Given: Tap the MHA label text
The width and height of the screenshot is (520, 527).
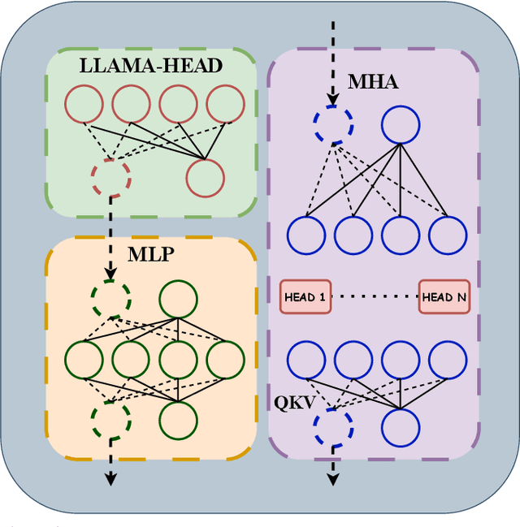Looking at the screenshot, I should pos(373,82).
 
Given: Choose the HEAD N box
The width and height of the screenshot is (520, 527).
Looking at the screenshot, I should pos(444,297).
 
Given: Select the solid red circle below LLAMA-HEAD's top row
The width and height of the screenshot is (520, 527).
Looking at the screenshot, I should pos(205,175).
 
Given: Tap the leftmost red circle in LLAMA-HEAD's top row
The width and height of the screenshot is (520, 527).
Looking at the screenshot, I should pos(84,104).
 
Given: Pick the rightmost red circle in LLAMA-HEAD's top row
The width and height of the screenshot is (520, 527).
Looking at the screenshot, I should pos(224,104).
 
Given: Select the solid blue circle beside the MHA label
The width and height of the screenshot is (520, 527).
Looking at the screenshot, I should pos(401,125).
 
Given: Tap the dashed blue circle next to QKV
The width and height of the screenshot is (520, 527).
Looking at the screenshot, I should pos(333,425).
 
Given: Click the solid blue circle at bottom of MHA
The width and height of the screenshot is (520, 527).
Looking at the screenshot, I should pos(401,425).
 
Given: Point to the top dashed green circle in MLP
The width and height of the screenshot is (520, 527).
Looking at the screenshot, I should pos(110,299).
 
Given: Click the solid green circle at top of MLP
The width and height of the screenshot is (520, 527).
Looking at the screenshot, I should pos(178,300).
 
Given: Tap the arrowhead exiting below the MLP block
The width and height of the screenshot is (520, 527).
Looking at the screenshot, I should pos(110,480).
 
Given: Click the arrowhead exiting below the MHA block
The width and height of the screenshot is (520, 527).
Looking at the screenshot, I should pos(333,480).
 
